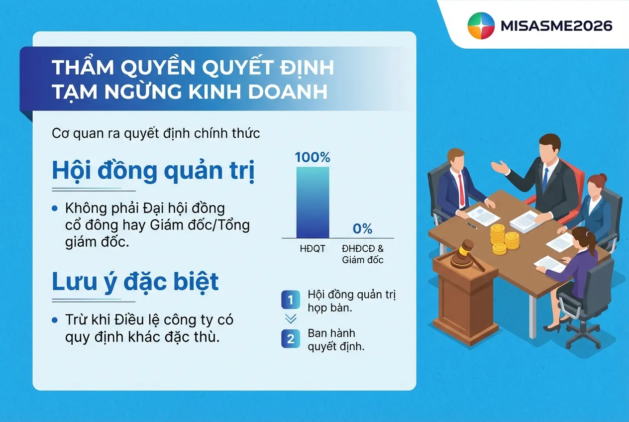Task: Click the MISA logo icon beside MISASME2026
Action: click(481, 25)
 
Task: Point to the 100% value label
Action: click(313, 158)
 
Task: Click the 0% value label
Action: click(362, 229)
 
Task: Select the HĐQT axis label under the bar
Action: click(313, 248)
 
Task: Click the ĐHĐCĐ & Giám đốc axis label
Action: click(363, 254)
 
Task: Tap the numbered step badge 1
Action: click(291, 300)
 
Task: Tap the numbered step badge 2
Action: click(291, 339)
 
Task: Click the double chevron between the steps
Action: click(291, 319)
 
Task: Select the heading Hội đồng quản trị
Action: click(153, 171)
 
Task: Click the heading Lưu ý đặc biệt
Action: click(135, 282)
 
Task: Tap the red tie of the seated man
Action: click(461, 189)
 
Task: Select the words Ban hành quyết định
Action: click(336, 340)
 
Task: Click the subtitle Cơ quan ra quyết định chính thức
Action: click(156, 134)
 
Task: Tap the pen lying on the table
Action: click(471, 225)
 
